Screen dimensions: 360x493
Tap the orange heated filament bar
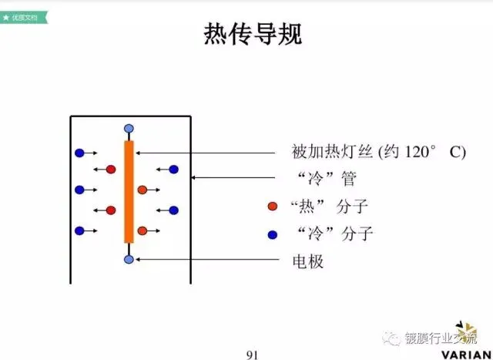(129, 191)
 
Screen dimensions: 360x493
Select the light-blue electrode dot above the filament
(129, 128)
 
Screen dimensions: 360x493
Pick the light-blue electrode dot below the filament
(129, 259)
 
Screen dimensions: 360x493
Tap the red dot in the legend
(272, 207)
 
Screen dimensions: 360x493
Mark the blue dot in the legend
(272, 234)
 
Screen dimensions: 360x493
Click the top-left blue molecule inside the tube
(79, 153)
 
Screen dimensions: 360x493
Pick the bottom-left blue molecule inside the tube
(79, 230)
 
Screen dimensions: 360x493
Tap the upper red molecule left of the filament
(111, 169)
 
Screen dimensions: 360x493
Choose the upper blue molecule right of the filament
(173, 169)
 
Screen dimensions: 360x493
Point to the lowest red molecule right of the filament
(142, 230)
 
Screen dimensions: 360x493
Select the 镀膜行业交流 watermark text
(440, 337)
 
